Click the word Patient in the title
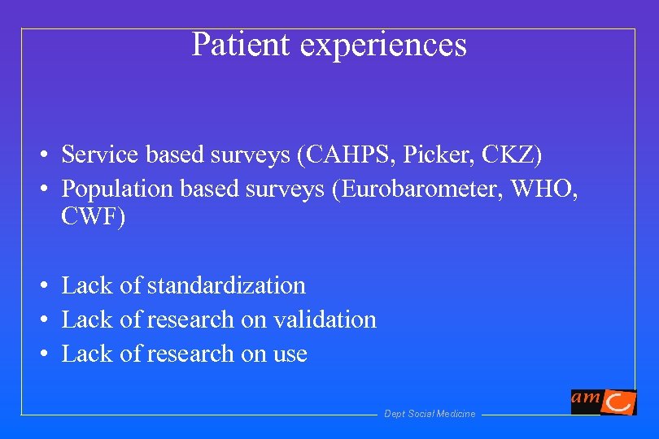tap(242, 45)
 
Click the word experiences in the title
tap(383, 46)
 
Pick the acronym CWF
tap(92, 218)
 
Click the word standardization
tap(226, 285)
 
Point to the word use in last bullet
tap(290, 354)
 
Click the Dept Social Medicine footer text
tap(430, 414)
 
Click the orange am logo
tap(603, 401)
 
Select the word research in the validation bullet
tap(190, 319)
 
